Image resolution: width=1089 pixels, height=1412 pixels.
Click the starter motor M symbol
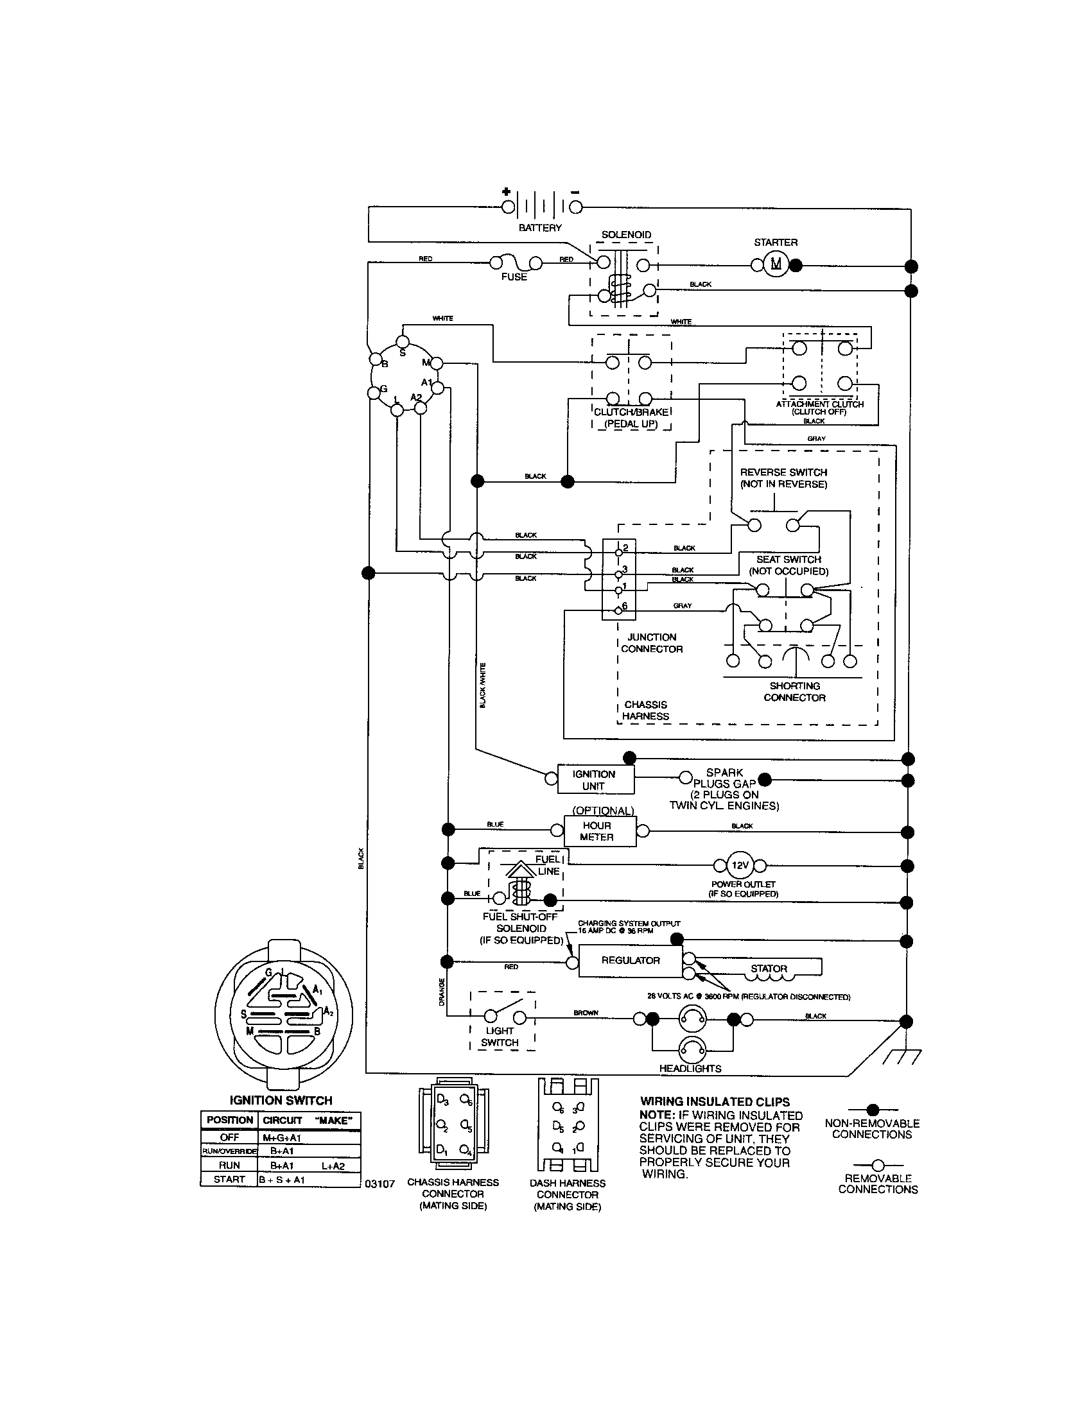tap(776, 264)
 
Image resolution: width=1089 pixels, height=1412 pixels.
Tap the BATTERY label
tap(540, 228)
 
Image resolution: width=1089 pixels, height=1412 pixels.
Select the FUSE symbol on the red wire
tap(515, 264)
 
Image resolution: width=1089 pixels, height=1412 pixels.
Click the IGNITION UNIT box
tap(593, 780)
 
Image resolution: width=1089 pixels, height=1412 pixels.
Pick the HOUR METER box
tap(597, 831)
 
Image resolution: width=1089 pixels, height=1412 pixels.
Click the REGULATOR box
tap(630, 960)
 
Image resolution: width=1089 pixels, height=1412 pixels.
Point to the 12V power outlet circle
tap(740, 865)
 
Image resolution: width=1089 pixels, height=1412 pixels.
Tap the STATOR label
tap(769, 969)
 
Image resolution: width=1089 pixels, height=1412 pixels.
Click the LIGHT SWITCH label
tap(500, 1037)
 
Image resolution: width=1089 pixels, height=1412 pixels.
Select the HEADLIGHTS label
tap(690, 1068)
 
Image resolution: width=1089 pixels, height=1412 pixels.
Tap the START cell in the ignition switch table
tap(229, 1179)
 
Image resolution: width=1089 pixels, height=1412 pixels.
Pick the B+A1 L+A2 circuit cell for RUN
tap(308, 1166)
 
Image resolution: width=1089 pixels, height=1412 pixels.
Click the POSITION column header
tap(230, 1120)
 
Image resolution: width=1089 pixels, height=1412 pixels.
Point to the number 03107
tap(379, 1184)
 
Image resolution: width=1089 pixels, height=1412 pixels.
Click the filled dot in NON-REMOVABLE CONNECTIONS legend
tap(872, 1110)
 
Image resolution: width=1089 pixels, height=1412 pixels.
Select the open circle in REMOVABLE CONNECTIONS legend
tap(878, 1165)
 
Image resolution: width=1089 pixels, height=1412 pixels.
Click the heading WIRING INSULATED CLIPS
tap(715, 1101)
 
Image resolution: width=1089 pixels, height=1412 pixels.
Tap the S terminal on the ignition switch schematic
tap(402, 341)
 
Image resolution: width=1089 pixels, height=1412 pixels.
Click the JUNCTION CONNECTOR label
tap(651, 642)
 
